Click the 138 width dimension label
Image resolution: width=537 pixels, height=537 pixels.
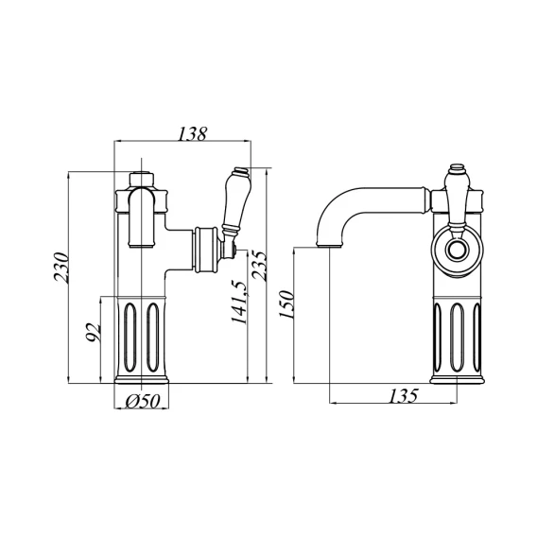[193, 133]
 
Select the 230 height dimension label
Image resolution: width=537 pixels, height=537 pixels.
[61, 268]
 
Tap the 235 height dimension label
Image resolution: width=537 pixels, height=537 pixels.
[258, 266]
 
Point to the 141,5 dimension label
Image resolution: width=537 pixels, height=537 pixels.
[238, 303]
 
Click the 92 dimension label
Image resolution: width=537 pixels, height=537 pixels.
[93, 332]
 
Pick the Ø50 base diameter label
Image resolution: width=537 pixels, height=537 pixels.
[143, 401]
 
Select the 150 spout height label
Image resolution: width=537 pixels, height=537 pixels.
[286, 304]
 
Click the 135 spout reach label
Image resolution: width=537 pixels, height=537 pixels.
[403, 395]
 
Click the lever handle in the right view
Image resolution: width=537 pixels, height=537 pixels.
[457, 200]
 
